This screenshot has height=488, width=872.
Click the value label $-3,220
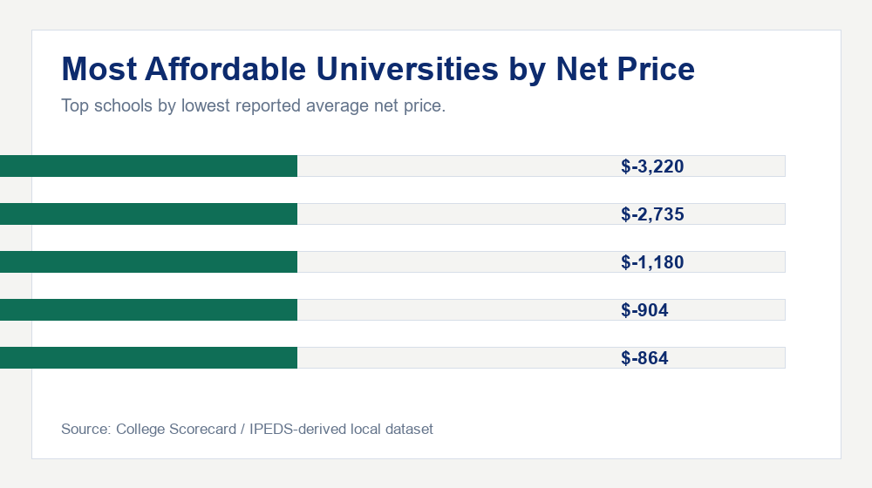652,166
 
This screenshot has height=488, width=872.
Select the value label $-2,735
652,214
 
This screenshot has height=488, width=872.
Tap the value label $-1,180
652,262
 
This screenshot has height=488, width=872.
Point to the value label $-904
645,310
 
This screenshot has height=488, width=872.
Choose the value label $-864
645,358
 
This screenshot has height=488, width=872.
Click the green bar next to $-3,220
149,166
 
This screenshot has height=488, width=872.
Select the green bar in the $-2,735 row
149,213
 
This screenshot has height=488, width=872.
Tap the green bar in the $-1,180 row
149,261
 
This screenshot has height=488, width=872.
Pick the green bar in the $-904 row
149,309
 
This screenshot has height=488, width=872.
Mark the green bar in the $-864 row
149,357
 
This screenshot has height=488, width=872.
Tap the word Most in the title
97,70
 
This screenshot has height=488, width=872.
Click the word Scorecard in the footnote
202,429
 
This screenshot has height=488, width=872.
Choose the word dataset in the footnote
410,429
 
